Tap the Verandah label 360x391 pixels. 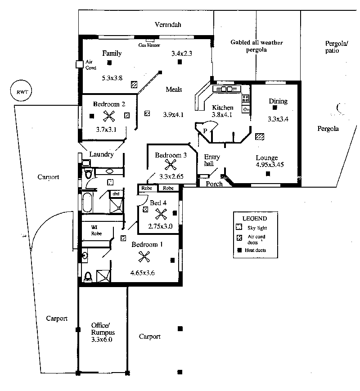[168, 24]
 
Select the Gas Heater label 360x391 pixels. [149, 45]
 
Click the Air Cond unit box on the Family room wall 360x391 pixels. [79, 64]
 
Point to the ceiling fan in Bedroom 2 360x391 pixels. [109, 116]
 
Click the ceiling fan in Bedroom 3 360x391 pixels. [171, 165]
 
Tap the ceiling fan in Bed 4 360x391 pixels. [161, 214]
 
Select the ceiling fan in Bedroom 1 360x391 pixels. [144, 257]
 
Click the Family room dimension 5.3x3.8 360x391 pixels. [112, 78]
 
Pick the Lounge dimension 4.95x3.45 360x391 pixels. [270, 165]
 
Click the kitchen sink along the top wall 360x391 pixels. [226, 89]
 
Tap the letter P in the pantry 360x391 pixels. [205, 130]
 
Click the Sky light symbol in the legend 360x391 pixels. [239, 227]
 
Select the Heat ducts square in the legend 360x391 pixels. [239, 250]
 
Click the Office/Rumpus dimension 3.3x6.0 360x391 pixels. [102, 339]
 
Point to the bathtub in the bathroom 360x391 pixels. [87, 202]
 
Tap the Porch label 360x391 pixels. [214, 184]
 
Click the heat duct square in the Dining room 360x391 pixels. [274, 108]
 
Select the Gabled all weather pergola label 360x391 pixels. [256, 46]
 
